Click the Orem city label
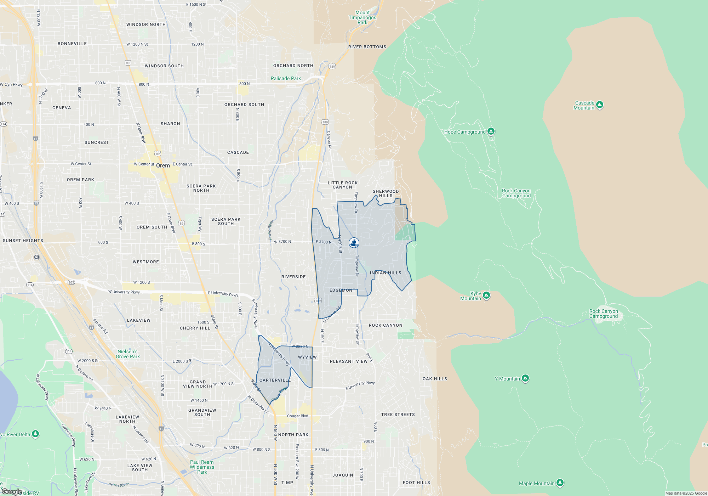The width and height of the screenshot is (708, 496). [163, 165]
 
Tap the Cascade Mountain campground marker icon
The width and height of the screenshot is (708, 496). [599, 105]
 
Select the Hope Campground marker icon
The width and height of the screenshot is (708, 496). [491, 131]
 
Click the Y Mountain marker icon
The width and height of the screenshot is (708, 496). [525, 378]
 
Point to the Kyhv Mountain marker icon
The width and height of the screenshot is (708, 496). [486, 295]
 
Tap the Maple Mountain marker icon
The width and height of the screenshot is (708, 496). [560, 483]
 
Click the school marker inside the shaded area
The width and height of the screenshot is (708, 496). [354, 243]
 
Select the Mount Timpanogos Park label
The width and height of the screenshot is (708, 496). [362, 17]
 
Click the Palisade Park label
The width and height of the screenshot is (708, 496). [286, 78]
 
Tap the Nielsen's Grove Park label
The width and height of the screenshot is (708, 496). [128, 354]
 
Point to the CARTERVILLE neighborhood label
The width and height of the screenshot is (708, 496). [275, 380]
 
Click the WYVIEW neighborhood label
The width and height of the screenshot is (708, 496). [307, 357]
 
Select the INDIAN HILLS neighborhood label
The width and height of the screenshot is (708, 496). [386, 273]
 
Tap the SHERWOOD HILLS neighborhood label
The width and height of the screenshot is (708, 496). [386, 193]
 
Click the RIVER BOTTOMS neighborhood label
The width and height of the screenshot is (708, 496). [367, 47]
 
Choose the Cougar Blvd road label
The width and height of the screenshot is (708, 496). [297, 416]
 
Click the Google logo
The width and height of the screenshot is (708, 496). [12, 492]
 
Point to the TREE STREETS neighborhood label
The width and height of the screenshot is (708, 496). [398, 415]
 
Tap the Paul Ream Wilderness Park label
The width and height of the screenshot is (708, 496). [202, 467]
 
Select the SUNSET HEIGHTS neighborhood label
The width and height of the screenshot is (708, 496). [23, 241]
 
